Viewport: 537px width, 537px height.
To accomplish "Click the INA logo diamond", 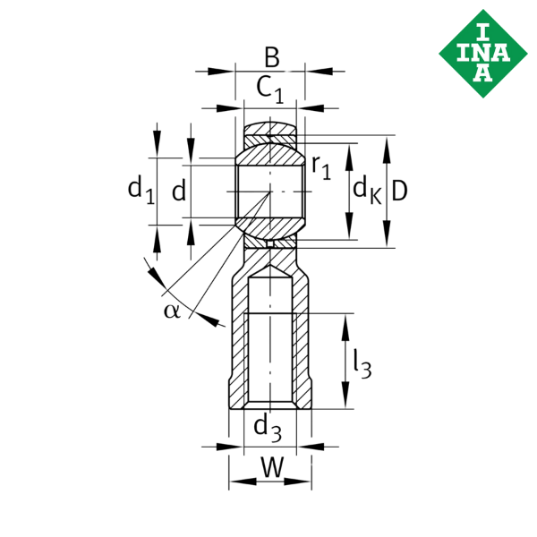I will point(482,47).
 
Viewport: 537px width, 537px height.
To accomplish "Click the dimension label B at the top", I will point(272,59).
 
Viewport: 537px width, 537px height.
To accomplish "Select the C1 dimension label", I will point(269,89).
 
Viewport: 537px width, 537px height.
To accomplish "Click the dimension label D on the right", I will point(401,190).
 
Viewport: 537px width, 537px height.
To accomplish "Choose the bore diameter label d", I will point(179,190).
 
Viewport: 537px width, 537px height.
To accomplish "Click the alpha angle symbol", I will point(172,310).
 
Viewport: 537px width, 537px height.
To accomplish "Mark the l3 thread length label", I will point(362,362).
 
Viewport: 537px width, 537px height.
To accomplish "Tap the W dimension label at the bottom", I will point(271,466).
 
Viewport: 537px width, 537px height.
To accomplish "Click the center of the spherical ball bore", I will point(270,192).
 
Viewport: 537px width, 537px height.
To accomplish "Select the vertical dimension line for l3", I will point(345,362).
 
